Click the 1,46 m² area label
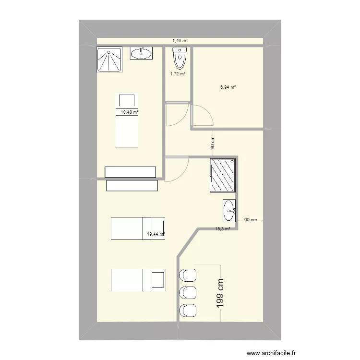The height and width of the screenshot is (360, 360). (x=180, y=41)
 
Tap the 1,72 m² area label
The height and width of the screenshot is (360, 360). (x=178, y=73)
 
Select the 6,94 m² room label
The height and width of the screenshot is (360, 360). (x=228, y=87)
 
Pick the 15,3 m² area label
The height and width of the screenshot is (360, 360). (x=223, y=229)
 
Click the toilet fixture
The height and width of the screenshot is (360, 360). (x=179, y=59)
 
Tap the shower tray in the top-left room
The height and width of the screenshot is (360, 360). (x=109, y=59)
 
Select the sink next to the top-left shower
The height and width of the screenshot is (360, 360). (x=141, y=53)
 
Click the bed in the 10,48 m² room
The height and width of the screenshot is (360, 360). (x=127, y=120)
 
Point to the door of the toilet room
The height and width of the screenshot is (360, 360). (x=173, y=115)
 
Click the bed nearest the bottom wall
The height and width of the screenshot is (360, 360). (x=138, y=280)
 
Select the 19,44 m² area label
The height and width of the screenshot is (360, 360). (x=156, y=234)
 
